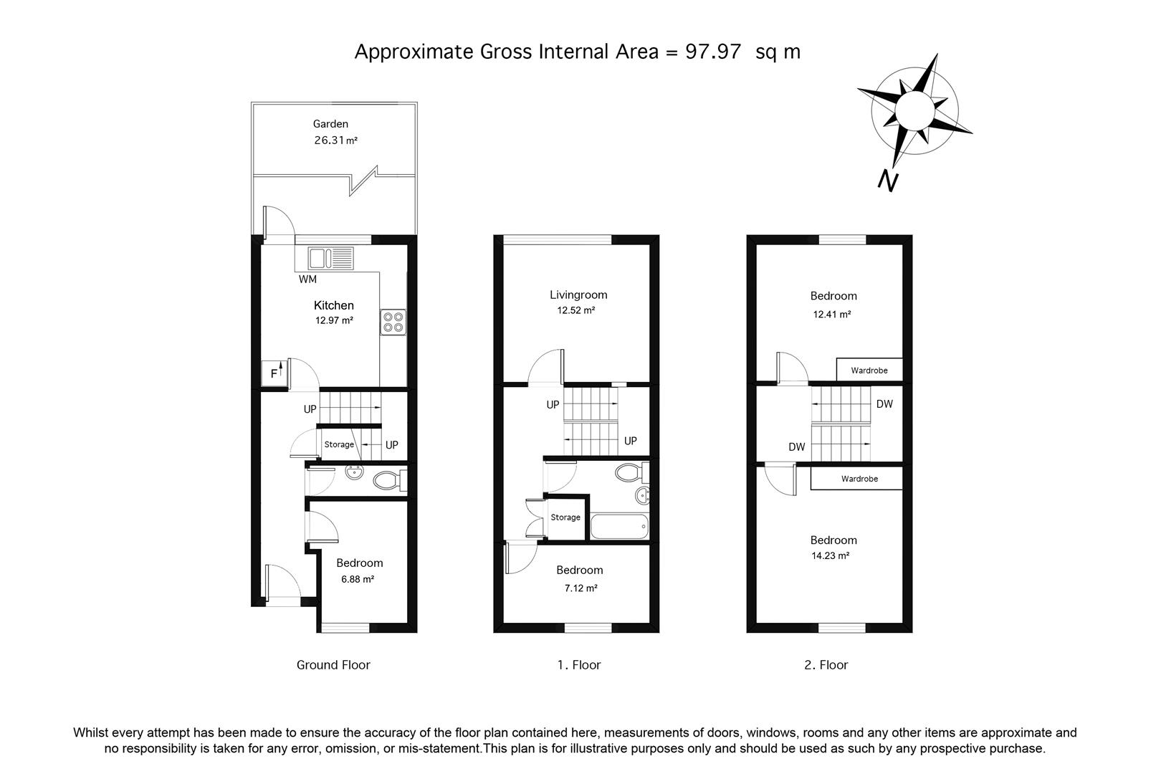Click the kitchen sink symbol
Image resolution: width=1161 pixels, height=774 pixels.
point(330,258)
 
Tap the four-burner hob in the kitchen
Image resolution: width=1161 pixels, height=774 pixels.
point(393,322)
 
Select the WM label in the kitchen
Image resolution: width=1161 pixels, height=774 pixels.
point(307,279)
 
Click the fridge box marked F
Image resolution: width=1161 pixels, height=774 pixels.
point(274,373)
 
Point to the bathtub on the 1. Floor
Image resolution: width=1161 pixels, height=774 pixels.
point(619,526)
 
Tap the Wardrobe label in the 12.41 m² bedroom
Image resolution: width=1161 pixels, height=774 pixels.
point(869,371)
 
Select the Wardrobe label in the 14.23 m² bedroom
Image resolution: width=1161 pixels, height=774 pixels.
point(859,479)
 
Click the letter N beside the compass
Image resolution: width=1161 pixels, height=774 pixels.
point(888,181)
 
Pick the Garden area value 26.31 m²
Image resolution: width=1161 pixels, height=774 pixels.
point(336,140)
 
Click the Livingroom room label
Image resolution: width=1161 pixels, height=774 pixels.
point(578,295)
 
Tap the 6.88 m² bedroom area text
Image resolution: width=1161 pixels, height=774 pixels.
point(358,579)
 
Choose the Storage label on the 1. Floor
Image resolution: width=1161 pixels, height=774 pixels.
point(565,517)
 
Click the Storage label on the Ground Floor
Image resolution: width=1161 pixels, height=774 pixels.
point(339,444)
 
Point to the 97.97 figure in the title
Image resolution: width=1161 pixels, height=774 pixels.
point(713,52)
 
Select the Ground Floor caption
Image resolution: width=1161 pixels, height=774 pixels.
point(333,665)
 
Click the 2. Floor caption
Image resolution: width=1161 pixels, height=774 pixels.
point(826,665)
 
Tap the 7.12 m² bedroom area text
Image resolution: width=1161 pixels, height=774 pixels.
point(580,588)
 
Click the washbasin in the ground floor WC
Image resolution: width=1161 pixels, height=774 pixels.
point(355,472)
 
